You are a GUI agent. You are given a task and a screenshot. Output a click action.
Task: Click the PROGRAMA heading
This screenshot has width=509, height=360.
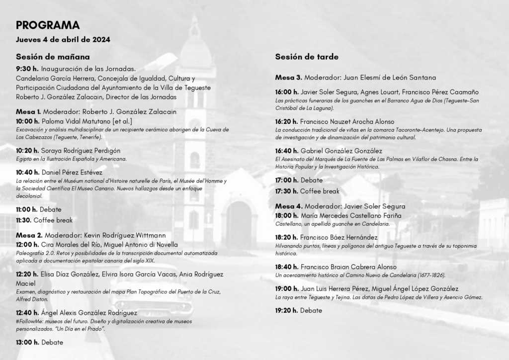(48, 25)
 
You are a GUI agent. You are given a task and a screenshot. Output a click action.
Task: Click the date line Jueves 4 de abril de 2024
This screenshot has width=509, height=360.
(63, 39)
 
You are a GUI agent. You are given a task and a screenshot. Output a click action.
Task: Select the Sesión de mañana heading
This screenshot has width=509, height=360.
(53, 56)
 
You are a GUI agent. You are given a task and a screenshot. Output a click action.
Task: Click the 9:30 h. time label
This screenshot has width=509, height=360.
(27, 69)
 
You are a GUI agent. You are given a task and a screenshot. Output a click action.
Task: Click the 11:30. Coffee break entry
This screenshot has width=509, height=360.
(44, 220)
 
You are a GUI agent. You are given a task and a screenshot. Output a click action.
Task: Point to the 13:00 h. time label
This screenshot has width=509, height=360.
(27, 342)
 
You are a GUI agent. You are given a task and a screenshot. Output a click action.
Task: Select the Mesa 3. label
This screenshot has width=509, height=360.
(289, 78)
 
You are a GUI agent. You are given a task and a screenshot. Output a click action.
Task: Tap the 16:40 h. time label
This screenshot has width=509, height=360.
(287, 151)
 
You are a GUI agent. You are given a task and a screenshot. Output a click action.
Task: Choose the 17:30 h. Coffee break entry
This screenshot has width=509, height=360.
(307, 191)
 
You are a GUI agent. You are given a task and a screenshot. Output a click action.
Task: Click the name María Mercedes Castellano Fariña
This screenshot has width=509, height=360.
(351, 216)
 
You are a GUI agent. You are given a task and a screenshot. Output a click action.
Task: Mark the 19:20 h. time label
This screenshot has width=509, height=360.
(287, 310)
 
